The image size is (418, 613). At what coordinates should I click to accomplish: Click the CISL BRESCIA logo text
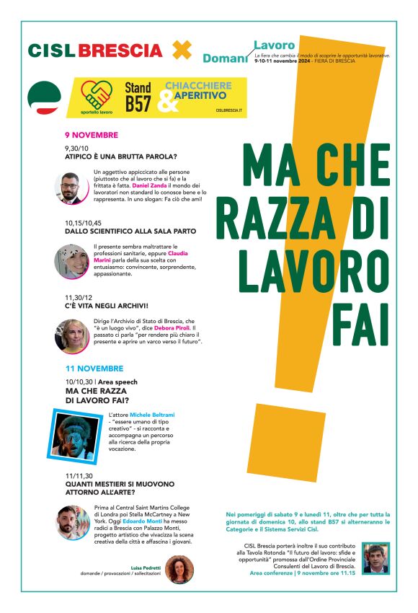point(94,50)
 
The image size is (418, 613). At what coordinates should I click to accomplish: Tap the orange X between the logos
point(182,50)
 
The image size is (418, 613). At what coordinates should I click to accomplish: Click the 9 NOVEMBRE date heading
point(91,135)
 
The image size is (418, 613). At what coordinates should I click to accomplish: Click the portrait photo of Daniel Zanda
point(71,188)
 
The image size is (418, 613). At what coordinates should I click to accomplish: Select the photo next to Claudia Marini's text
point(71,261)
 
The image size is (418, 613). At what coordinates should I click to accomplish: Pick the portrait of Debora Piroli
point(71,335)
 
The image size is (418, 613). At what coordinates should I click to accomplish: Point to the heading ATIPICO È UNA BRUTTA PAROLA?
point(120,156)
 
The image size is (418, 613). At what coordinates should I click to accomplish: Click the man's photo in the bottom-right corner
point(375,557)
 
